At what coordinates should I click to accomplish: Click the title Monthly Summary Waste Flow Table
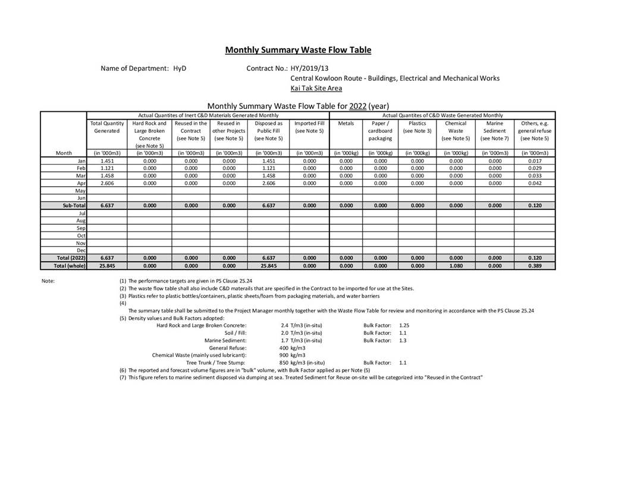coord(298,50)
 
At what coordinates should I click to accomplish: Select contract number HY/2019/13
coord(309,68)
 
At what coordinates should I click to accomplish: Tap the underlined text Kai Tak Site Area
coord(316,88)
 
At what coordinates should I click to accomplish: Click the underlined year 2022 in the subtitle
coord(357,106)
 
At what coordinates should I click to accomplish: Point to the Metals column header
coord(346,123)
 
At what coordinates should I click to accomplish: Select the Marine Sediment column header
coord(495,127)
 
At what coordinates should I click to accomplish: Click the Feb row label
coord(81,168)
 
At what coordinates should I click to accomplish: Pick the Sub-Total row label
coord(74,205)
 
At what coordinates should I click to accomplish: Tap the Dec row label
coord(81,250)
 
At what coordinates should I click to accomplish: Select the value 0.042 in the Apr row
coord(534,183)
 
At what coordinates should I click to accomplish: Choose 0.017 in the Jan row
coord(534,161)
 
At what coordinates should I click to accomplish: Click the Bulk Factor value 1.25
coord(404,325)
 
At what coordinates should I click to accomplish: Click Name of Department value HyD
coord(180,68)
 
